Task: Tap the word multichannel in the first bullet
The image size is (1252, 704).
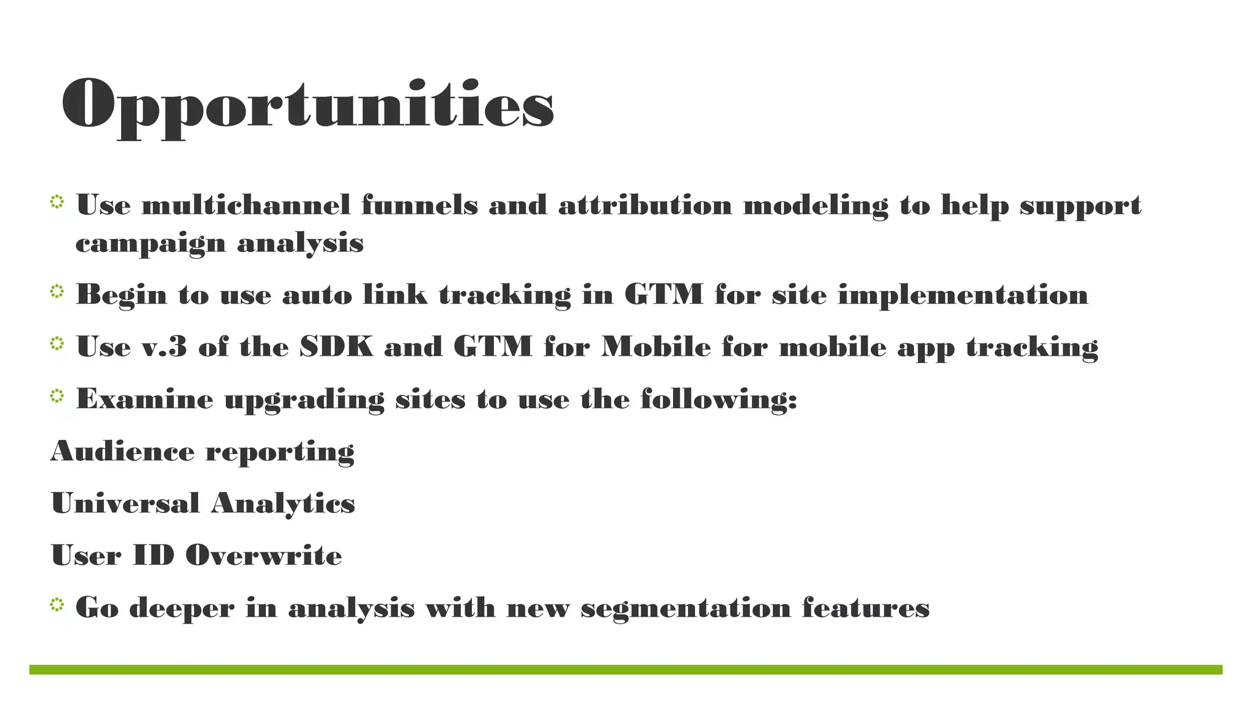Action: click(246, 205)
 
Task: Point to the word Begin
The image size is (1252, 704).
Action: click(121, 295)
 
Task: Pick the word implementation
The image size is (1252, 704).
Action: click(963, 295)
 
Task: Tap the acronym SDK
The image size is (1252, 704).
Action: click(336, 346)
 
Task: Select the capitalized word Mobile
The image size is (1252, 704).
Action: click(656, 346)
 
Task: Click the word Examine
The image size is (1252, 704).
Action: click(144, 399)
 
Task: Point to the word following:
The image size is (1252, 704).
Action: click(719, 399)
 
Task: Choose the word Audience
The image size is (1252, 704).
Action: click(122, 451)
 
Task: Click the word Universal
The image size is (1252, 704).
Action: click(125, 503)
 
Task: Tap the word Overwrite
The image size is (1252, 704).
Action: click(263, 555)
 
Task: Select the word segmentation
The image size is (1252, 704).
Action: click(685, 607)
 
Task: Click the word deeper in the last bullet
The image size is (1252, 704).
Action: click(182, 608)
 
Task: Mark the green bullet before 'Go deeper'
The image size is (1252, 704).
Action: click(57, 605)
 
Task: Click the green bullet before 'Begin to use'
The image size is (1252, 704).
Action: click(57, 292)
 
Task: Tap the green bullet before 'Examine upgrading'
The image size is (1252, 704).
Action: click(57, 397)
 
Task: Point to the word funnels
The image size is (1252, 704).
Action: click(419, 205)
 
